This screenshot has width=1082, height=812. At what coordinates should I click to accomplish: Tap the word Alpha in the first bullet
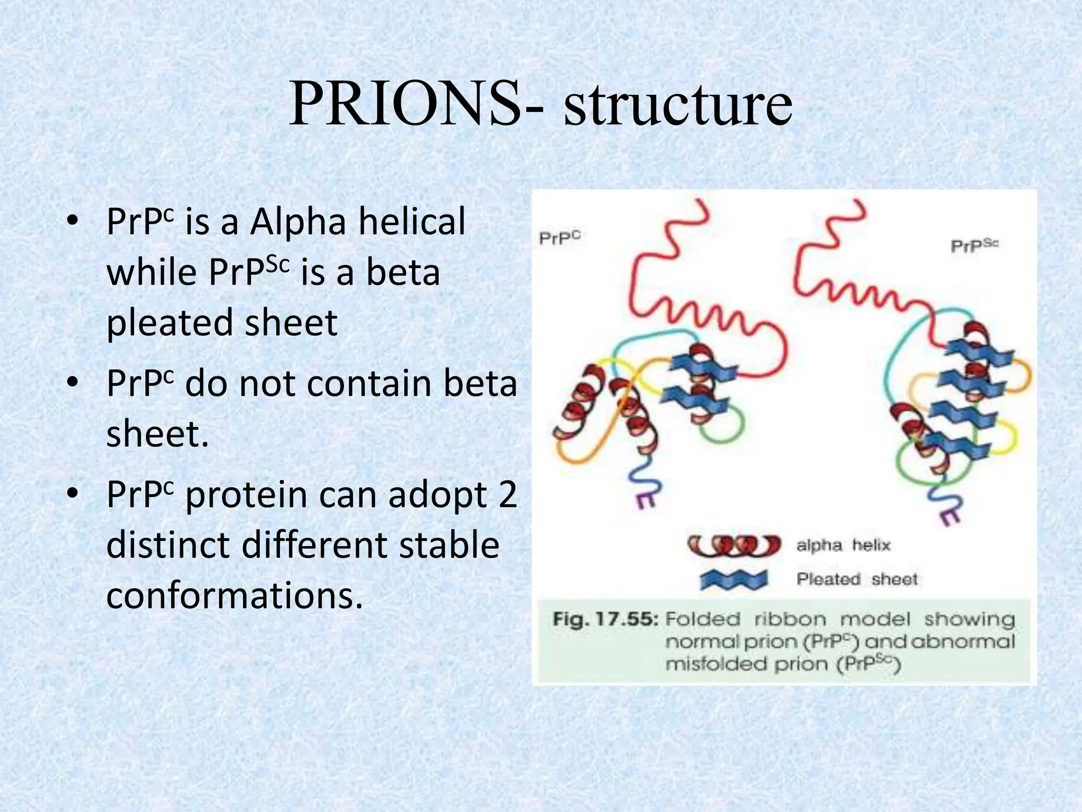[297, 222]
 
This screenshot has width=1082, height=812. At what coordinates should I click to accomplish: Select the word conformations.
[235, 596]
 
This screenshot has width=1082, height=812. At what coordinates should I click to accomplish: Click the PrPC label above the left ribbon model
[559, 238]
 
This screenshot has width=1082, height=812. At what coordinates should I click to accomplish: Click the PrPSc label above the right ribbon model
[974, 246]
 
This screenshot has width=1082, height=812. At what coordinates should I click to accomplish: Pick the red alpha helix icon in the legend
[734, 545]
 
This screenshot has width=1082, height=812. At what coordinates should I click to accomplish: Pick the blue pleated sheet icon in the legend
[734, 580]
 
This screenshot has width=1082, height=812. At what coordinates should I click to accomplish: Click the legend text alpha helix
[843, 545]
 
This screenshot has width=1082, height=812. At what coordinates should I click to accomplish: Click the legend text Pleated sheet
[856, 579]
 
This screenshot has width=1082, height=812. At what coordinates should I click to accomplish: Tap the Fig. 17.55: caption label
[605, 619]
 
